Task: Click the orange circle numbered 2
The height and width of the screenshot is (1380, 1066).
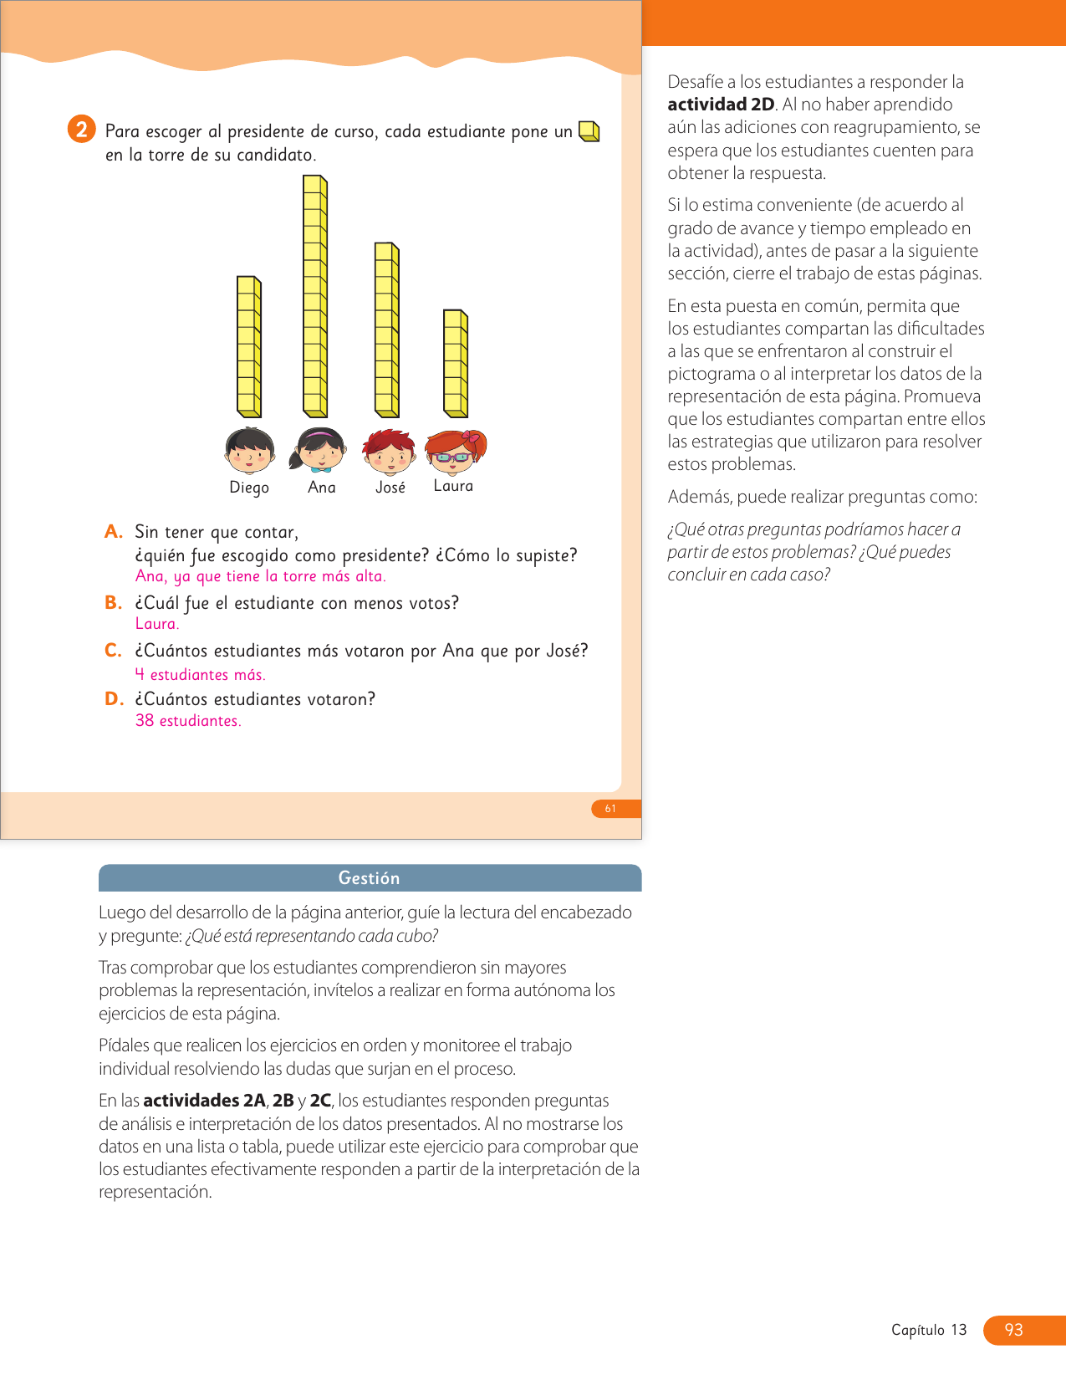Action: point(81,130)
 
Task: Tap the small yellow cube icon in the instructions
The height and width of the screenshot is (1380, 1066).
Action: point(589,131)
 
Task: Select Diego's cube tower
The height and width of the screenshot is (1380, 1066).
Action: point(249,346)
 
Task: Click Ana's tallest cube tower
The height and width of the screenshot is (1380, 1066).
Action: point(315,296)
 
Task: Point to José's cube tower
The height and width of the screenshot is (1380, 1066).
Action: point(387,330)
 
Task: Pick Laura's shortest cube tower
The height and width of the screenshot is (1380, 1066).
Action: point(456,363)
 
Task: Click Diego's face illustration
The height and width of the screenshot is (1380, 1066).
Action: point(249,451)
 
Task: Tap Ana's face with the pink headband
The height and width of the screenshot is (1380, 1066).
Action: point(319,450)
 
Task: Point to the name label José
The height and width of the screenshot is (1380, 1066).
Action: point(390,488)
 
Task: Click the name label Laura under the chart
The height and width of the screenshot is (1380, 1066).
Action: point(453,486)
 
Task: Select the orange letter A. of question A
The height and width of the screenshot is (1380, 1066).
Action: point(114,532)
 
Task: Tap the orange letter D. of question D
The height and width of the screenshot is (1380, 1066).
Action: point(114,699)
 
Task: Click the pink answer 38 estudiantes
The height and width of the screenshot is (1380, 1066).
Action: point(188,721)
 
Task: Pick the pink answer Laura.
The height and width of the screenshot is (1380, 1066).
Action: point(157,624)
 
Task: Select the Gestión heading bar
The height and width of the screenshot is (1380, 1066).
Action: point(370,878)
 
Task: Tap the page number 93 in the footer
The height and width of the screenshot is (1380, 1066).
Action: point(1014,1330)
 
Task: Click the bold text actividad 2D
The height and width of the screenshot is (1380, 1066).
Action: point(721,105)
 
